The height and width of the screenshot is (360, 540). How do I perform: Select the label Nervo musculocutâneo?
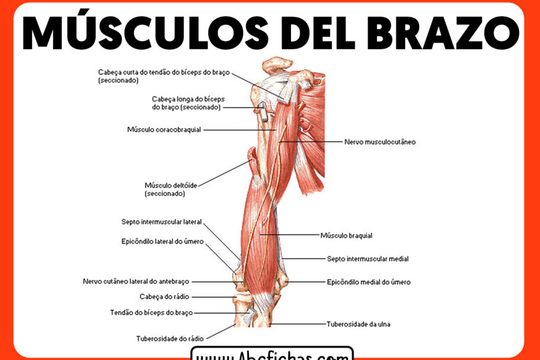point(380,142)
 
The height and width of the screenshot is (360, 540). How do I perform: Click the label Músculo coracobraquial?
point(164,129)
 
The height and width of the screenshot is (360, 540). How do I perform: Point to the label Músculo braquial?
point(346,236)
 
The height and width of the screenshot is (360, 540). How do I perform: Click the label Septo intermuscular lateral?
point(161,222)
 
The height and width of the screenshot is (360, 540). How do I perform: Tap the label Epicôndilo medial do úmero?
point(369,282)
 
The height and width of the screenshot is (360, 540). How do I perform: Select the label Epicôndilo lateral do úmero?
point(163,242)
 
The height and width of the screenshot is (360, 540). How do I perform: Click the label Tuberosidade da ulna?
point(358,324)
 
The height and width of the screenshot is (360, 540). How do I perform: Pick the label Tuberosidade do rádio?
point(169,338)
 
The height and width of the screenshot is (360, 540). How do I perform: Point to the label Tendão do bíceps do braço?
point(152,312)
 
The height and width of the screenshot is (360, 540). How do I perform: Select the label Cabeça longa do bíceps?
point(186,103)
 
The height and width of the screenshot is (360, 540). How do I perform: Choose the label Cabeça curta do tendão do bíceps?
point(164,77)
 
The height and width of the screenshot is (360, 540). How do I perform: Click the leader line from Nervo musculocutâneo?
point(314,142)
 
